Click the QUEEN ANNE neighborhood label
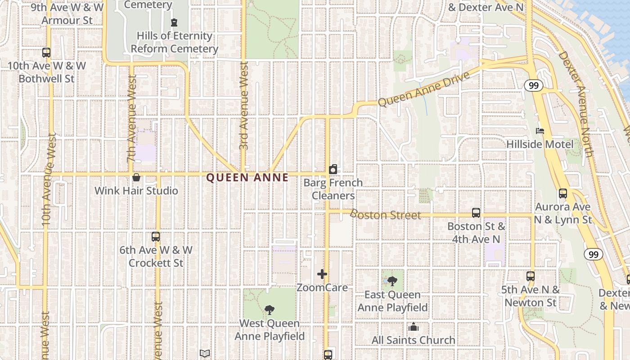point(247,177)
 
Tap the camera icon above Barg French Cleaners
point(333,169)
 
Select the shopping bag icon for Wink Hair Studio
point(136,177)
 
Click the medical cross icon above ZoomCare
point(322,274)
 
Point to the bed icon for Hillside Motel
point(540,131)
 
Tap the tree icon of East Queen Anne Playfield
point(392,281)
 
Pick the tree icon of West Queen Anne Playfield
point(270,310)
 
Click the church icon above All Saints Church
point(414,327)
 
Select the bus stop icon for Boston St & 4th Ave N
point(476,212)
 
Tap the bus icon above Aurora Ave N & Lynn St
point(563,193)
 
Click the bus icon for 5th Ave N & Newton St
point(531,276)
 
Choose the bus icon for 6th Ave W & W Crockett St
point(156,237)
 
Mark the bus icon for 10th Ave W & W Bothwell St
point(46,53)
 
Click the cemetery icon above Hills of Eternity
point(174,22)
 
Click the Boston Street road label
point(385,215)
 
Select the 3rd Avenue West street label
point(244,105)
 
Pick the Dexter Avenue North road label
point(576,103)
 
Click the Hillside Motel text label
point(540,144)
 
